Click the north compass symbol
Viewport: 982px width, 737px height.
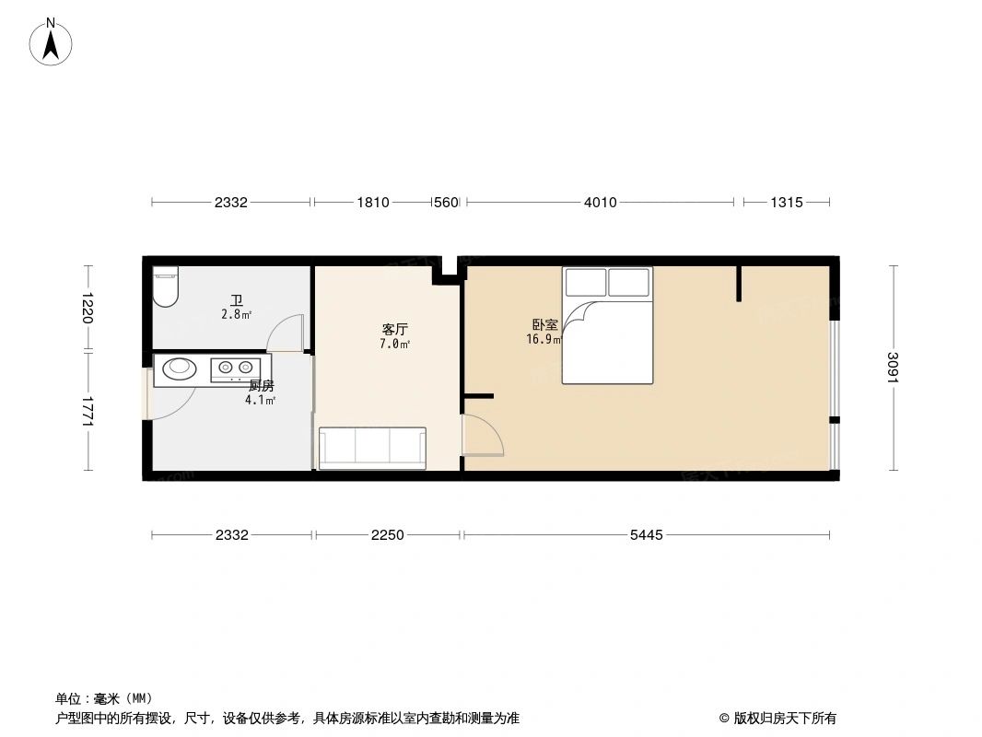pyautogui.click(x=53, y=41)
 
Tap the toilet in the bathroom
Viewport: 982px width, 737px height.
pyautogui.click(x=166, y=287)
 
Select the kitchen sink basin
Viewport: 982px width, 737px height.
pyautogui.click(x=180, y=369)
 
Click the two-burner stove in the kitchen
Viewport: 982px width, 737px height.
pyautogui.click(x=233, y=369)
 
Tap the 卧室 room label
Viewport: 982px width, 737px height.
pyautogui.click(x=544, y=325)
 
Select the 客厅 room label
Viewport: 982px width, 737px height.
pyautogui.click(x=394, y=329)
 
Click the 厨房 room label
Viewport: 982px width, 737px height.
pyautogui.click(x=261, y=386)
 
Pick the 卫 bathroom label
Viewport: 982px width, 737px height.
pyautogui.click(x=237, y=300)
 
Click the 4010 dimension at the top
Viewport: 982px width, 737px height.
pyautogui.click(x=600, y=203)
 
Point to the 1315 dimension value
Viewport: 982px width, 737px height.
pyautogui.click(x=786, y=203)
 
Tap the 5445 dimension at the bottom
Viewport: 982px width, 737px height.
pyautogui.click(x=646, y=534)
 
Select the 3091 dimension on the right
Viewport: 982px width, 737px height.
pyautogui.click(x=892, y=368)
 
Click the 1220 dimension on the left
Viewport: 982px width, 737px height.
pyautogui.click(x=88, y=308)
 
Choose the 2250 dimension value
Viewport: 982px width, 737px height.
pyautogui.click(x=388, y=534)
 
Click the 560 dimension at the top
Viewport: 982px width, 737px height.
pyautogui.click(x=446, y=203)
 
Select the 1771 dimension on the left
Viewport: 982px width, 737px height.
pyautogui.click(x=88, y=411)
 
